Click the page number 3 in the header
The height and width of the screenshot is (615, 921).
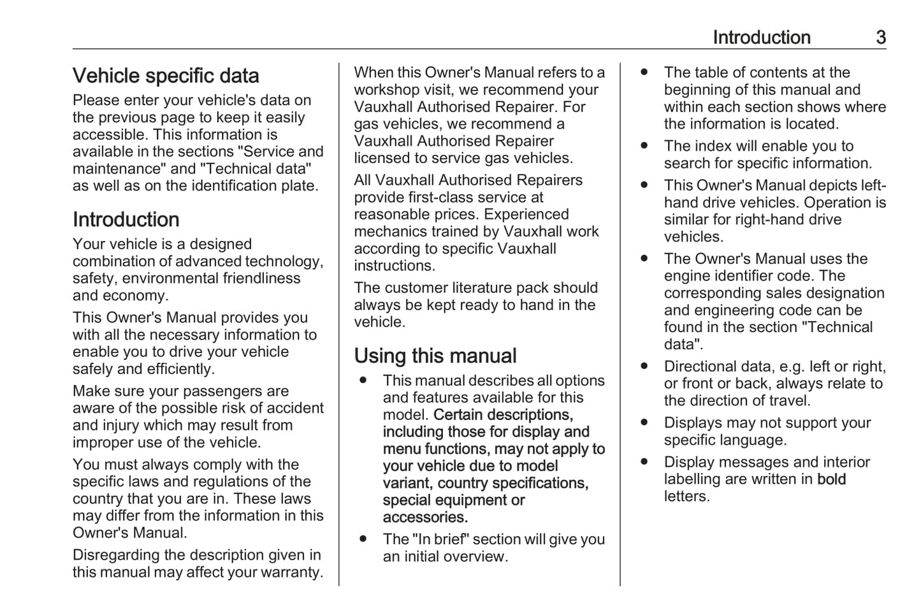(880, 38)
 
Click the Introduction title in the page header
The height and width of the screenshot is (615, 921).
(761, 38)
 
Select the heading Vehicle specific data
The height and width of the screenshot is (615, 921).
(166, 76)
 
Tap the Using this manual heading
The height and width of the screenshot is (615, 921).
(435, 356)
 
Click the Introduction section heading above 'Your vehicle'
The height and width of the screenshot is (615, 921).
(126, 220)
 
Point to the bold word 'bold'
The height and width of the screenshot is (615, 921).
(831, 479)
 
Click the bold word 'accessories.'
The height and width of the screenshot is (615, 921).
(425, 517)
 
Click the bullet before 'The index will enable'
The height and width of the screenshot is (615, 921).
(644, 146)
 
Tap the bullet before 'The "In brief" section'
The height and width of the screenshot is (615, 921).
(363, 539)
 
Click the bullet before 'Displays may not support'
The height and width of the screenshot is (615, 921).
(644, 423)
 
